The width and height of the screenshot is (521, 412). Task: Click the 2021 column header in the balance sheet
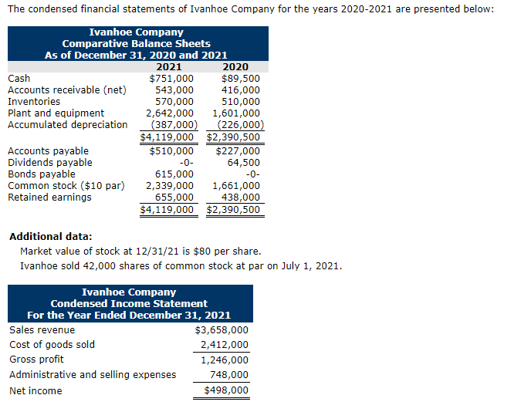point(169,66)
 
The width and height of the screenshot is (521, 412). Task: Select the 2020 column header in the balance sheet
point(235,66)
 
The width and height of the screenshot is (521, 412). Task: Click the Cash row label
point(19,78)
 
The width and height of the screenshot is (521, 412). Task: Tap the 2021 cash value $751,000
point(171,78)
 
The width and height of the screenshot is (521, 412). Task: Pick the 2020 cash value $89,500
point(241,78)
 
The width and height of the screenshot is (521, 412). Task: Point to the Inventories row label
point(34,101)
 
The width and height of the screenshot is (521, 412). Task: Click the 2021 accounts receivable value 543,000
point(174,89)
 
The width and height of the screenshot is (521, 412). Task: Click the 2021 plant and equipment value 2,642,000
point(170,113)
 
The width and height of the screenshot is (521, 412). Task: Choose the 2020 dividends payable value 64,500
point(244,162)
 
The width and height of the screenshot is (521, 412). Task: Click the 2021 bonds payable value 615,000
point(174,174)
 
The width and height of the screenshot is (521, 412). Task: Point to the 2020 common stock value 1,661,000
point(236,185)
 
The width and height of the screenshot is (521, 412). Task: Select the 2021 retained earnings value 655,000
point(174,197)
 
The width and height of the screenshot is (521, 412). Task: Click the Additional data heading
point(50,236)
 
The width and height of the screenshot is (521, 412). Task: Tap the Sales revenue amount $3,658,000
point(222,330)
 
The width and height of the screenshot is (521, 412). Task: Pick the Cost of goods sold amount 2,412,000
point(225,345)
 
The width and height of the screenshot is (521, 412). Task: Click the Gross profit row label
point(36,360)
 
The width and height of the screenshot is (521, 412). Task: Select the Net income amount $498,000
point(226,390)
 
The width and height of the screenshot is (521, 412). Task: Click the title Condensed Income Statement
point(129,303)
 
